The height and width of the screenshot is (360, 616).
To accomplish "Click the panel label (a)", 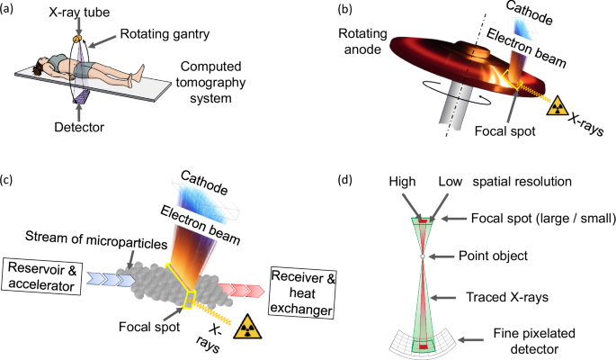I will (13, 11).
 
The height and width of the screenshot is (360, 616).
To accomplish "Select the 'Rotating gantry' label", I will (158, 36).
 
